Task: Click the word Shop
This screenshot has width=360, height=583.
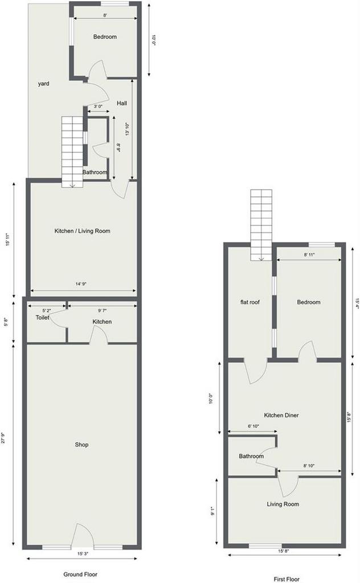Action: pyautogui.click(x=81, y=445)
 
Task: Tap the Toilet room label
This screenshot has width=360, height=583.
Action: pyautogui.click(x=42, y=318)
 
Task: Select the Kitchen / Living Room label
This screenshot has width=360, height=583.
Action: pyautogui.click(x=82, y=231)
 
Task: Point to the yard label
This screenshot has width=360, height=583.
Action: pyautogui.click(x=43, y=84)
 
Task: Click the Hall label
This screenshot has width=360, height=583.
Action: pyautogui.click(x=121, y=103)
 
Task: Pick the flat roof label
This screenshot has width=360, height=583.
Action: pyautogui.click(x=250, y=302)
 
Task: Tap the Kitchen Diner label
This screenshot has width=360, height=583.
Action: pyautogui.click(x=281, y=415)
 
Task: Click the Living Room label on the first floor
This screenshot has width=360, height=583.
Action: pyautogui.click(x=283, y=504)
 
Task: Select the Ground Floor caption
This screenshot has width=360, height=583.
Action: pyautogui.click(x=80, y=574)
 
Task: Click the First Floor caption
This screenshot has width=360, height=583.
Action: pyautogui.click(x=287, y=579)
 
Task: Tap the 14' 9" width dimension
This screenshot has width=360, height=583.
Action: pyautogui.click(x=81, y=284)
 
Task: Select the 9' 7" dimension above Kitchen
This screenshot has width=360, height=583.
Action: pyautogui.click(x=103, y=310)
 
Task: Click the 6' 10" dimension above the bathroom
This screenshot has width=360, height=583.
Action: pyautogui.click(x=253, y=426)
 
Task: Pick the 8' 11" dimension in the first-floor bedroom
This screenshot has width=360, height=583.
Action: pyautogui.click(x=309, y=255)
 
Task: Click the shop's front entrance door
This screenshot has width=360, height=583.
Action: pyautogui.click(x=82, y=535)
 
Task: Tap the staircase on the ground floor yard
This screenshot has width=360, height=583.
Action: pyautogui.click(x=72, y=152)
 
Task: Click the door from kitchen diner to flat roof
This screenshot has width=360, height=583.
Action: pyautogui.click(x=256, y=371)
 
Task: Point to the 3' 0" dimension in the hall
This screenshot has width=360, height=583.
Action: pyautogui.click(x=98, y=106)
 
